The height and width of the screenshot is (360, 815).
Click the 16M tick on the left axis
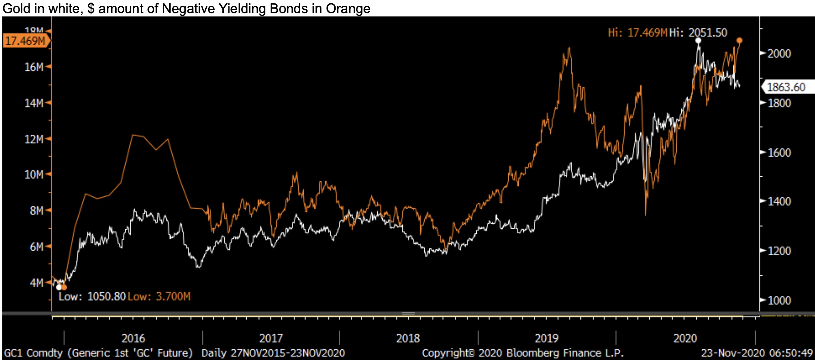(x=34, y=67)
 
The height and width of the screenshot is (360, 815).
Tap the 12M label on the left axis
(x=34, y=139)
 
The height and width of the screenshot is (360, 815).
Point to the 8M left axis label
(x=36, y=211)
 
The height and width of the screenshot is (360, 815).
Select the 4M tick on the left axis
(x=36, y=283)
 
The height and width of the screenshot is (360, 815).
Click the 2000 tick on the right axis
(x=779, y=54)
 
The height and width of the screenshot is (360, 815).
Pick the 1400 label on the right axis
(x=779, y=201)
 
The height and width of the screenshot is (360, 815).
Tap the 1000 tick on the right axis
(x=779, y=300)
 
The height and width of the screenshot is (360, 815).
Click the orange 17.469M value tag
(x=26, y=41)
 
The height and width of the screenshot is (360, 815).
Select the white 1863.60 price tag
(x=786, y=87)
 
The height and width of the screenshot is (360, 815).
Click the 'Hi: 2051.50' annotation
(x=698, y=33)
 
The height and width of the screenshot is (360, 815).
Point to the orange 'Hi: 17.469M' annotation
(x=637, y=33)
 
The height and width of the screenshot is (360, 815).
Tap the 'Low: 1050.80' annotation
(x=92, y=297)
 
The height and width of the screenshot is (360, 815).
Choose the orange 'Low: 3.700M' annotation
(x=159, y=297)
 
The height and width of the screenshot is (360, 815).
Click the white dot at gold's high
(x=698, y=41)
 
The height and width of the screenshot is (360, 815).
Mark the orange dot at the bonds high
(x=739, y=41)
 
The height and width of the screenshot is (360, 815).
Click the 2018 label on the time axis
(x=408, y=338)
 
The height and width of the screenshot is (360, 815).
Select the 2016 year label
(x=133, y=338)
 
